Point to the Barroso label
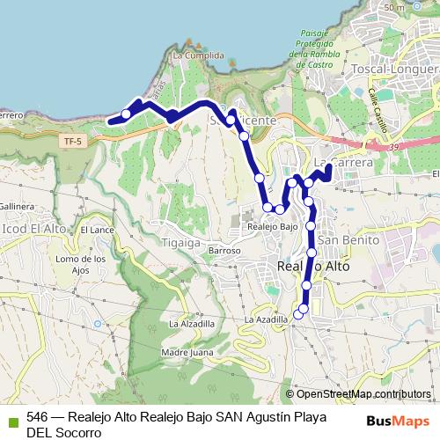(225, 251)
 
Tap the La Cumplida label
(193, 55)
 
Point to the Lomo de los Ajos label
(80, 264)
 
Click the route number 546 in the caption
(38, 417)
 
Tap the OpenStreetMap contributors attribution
(359, 394)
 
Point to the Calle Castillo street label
(379, 109)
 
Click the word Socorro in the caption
(77, 432)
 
